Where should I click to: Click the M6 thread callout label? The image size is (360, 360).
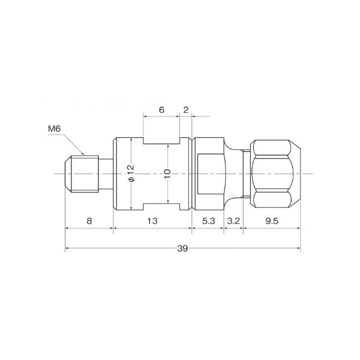coord(55,128)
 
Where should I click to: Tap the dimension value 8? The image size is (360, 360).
coord(89,221)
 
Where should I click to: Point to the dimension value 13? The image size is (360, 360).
coord(152,221)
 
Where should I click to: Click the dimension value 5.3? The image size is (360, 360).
coord(208,221)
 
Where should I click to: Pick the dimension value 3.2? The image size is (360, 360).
coord(234,221)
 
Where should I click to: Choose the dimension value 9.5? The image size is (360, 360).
coord(271,221)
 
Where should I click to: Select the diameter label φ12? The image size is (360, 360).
coord(130,173)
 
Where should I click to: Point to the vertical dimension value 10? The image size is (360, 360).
coord(167,173)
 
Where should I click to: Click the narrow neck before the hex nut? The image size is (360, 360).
coord(245,173)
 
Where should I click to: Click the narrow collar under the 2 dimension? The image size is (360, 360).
coord(185,173)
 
